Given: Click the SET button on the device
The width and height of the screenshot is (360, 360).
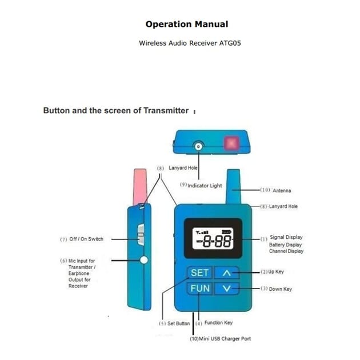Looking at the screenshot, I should (199, 273).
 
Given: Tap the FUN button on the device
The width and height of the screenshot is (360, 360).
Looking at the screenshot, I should (199, 288).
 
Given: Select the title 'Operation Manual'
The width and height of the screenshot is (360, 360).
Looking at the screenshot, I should (187, 24).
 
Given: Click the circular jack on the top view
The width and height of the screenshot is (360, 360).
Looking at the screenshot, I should (198, 146).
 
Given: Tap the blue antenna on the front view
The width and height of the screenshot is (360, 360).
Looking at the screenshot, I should (233, 186).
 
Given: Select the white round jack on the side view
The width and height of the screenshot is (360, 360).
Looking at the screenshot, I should (143, 260).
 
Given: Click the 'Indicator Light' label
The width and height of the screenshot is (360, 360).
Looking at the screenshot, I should (204, 186).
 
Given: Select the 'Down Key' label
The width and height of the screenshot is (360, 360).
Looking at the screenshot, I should (279, 289).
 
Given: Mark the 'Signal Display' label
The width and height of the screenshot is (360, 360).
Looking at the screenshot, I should (286, 237).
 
